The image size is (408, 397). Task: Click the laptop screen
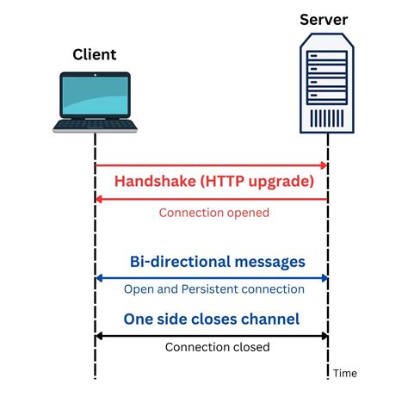95,96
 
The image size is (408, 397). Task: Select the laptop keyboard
95,126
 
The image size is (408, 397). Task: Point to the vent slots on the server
328,117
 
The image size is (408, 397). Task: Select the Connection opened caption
214,213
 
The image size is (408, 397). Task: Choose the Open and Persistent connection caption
214,289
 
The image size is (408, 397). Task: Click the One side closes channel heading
211,319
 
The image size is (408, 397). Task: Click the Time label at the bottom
345,373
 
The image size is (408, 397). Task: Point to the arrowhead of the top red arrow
325,164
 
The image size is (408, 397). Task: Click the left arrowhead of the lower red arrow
99,198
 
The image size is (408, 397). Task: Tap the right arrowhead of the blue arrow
325,277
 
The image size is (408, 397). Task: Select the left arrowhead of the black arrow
99,335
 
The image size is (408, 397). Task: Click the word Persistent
226,289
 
